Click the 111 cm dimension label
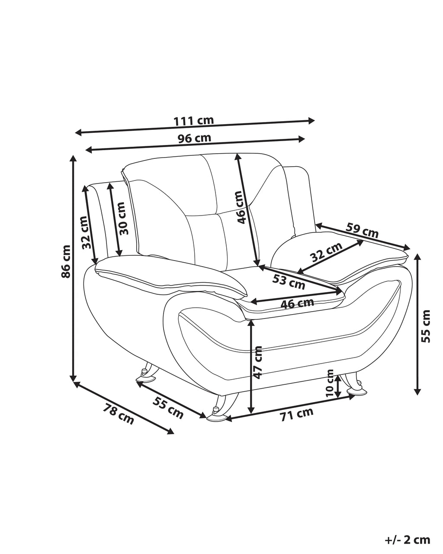tap(194, 121)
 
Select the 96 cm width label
tap(194, 138)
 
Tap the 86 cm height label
tap(66, 261)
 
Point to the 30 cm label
tap(124, 218)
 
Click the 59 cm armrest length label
tap(362, 230)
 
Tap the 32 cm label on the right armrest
tap(326, 252)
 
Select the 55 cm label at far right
tap(425, 326)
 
